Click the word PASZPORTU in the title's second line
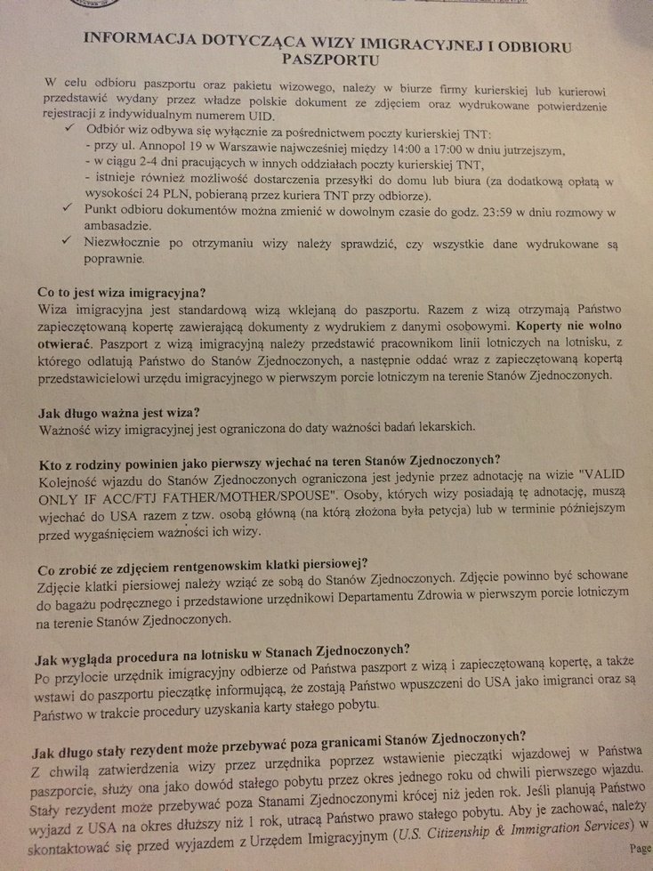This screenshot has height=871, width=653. pyautogui.click(x=326, y=60)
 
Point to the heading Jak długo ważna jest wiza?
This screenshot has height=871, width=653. pyautogui.click(x=120, y=412)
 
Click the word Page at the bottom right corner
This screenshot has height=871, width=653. pyautogui.click(x=640, y=847)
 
